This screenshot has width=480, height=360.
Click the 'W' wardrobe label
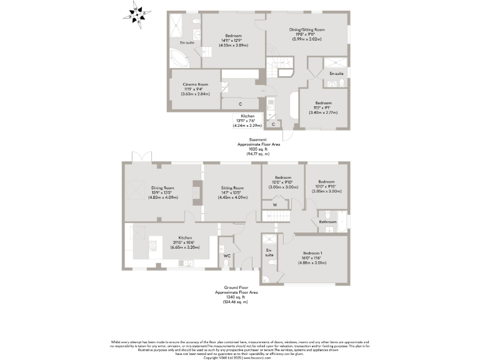point(274,204)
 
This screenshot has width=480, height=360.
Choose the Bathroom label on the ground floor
point(327,221)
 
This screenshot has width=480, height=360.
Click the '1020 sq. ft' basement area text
point(257,150)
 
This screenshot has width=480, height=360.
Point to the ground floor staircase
point(279,216)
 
